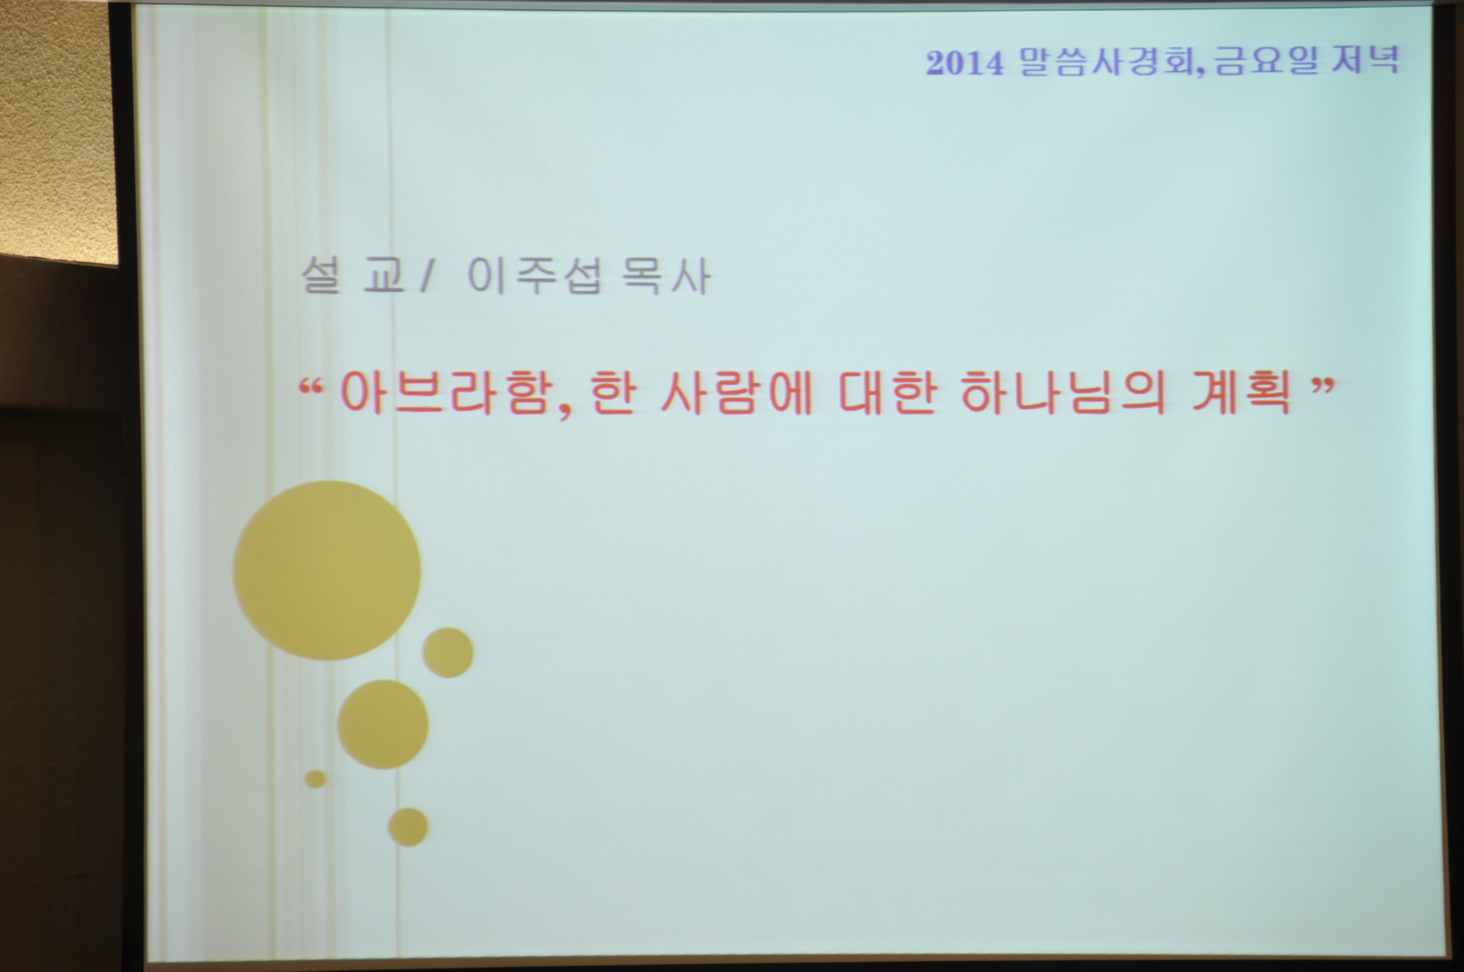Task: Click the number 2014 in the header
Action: (x=965, y=63)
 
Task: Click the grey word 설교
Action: (x=352, y=276)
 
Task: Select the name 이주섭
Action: (x=534, y=276)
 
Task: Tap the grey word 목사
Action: (x=666, y=276)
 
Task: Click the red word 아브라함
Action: (x=445, y=394)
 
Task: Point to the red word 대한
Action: (x=886, y=394)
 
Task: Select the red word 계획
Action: (x=1241, y=394)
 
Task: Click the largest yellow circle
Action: (x=327, y=570)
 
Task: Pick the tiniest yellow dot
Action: (x=315, y=779)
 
